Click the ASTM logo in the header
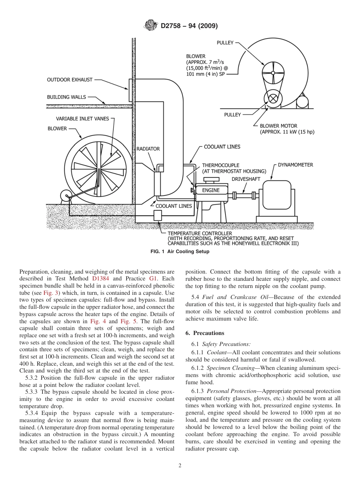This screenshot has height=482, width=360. [x=151, y=26]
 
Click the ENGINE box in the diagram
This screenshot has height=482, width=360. [x=211, y=190]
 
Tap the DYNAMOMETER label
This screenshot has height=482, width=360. [x=296, y=165]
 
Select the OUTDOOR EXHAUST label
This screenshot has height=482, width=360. [x=70, y=80]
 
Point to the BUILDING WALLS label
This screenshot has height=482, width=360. [x=67, y=97]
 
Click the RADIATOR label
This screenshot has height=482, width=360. [x=148, y=149]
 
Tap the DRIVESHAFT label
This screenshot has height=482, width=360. [x=246, y=178]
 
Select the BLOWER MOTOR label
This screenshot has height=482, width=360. [x=279, y=126]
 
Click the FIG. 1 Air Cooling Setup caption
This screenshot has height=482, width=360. [x=180, y=252]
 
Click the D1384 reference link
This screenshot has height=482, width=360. [x=100, y=279]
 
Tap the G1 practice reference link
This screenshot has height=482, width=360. [x=153, y=279]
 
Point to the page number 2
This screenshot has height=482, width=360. [x=180, y=466]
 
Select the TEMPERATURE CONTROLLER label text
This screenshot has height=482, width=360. [x=200, y=234]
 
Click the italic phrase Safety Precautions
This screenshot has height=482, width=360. [x=226, y=344]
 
